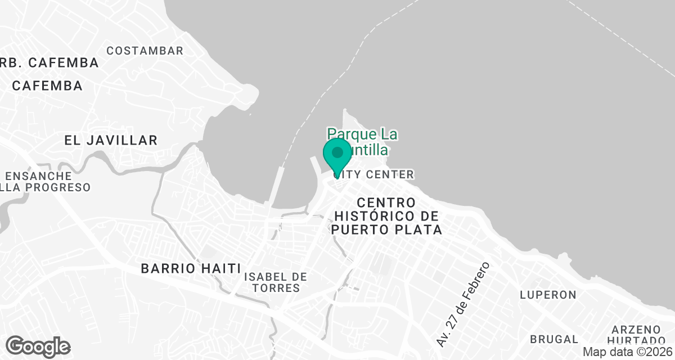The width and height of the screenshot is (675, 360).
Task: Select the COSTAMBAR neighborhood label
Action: pyautogui.click(x=145, y=51)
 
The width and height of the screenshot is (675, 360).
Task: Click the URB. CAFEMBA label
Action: pyautogui.click(x=49, y=62)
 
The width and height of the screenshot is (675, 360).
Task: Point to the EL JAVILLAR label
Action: pyautogui.click(x=111, y=140)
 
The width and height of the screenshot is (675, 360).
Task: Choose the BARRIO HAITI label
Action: pyautogui.click(x=191, y=268)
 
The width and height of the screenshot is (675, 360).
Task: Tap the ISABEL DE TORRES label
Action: pyautogui.click(x=276, y=282)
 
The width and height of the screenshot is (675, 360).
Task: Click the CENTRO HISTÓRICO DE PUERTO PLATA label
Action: pyautogui.click(x=386, y=216)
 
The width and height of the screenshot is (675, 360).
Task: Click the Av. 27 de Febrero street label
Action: pyautogui.click(x=463, y=304)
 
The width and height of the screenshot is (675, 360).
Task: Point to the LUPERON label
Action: pyautogui.click(x=548, y=295)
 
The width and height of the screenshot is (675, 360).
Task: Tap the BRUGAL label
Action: pyautogui.click(x=553, y=339)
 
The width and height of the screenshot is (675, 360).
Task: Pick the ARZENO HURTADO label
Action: pyautogui.click(x=636, y=335)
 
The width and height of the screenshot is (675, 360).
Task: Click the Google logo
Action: pyautogui.click(x=38, y=346)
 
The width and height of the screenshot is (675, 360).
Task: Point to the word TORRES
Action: pyautogui.click(x=276, y=289)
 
